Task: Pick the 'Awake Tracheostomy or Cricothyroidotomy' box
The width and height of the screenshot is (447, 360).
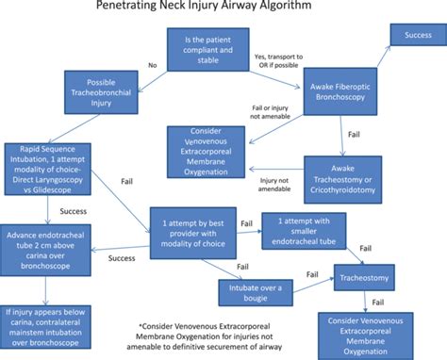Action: click(x=343, y=177)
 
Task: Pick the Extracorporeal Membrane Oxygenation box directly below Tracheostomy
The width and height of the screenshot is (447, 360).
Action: click(x=369, y=334)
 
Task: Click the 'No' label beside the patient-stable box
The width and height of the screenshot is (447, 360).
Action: click(x=152, y=67)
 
